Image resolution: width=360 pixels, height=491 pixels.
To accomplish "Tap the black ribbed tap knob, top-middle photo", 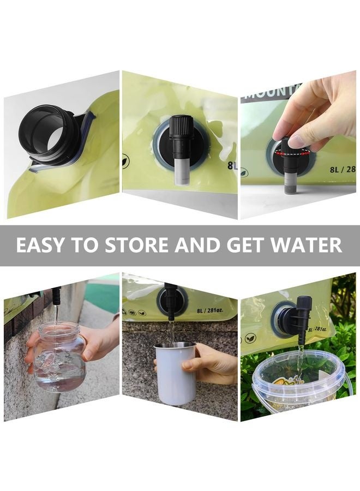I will pos(181,129).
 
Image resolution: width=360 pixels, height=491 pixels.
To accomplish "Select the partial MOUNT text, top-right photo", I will pos(265,92).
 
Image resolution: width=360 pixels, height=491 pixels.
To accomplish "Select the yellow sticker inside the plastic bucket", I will pos(286,382).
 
